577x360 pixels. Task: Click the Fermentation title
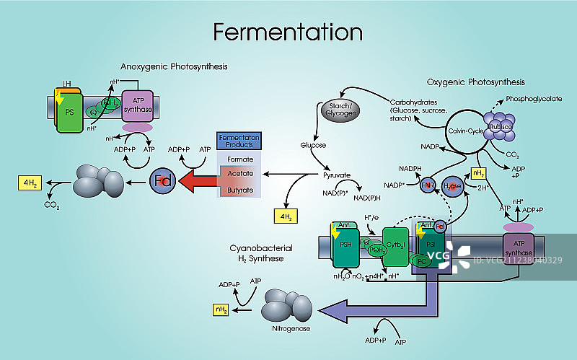pos(288,32)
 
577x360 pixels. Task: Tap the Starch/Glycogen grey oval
pos(339,110)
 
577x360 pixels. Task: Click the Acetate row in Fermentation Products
pos(239,173)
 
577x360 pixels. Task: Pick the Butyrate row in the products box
pos(239,189)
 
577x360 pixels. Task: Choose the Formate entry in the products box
pos(239,157)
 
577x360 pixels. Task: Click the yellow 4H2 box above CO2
pos(30,183)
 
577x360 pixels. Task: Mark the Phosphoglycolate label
pos(534,99)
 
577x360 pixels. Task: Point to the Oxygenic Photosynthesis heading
pos(475,82)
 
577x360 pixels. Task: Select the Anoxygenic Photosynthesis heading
pos(174,66)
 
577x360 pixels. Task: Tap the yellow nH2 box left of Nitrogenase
pos(221,309)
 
